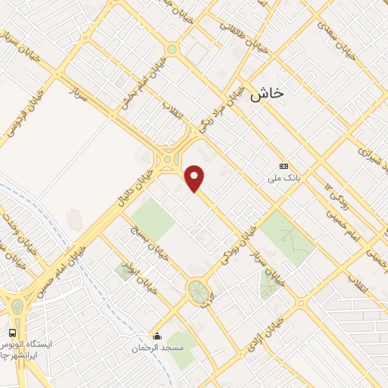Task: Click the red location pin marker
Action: tap(196, 178)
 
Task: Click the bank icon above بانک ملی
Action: tap(284, 166)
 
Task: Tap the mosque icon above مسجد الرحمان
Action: tap(158, 336)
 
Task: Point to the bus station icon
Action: tap(12, 333)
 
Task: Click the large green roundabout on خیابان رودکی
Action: tap(199, 290)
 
